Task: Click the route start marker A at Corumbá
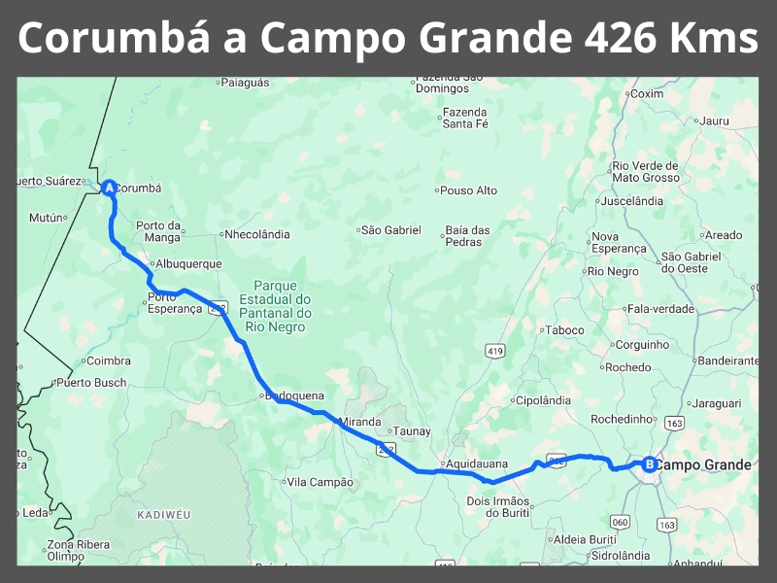[109, 188]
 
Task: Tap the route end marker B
[649, 464]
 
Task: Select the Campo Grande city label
[703, 464]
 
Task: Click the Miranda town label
[359, 422]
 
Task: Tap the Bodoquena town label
[294, 396]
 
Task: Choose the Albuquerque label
[188, 264]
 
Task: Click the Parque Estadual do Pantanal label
[281, 306]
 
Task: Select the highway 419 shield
[496, 350]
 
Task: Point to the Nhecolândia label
[256, 234]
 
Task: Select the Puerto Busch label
[91, 383]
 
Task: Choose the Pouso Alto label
[470, 190]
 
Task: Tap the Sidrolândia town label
[621, 556]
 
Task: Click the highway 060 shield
[621, 523]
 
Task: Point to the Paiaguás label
[245, 84]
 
